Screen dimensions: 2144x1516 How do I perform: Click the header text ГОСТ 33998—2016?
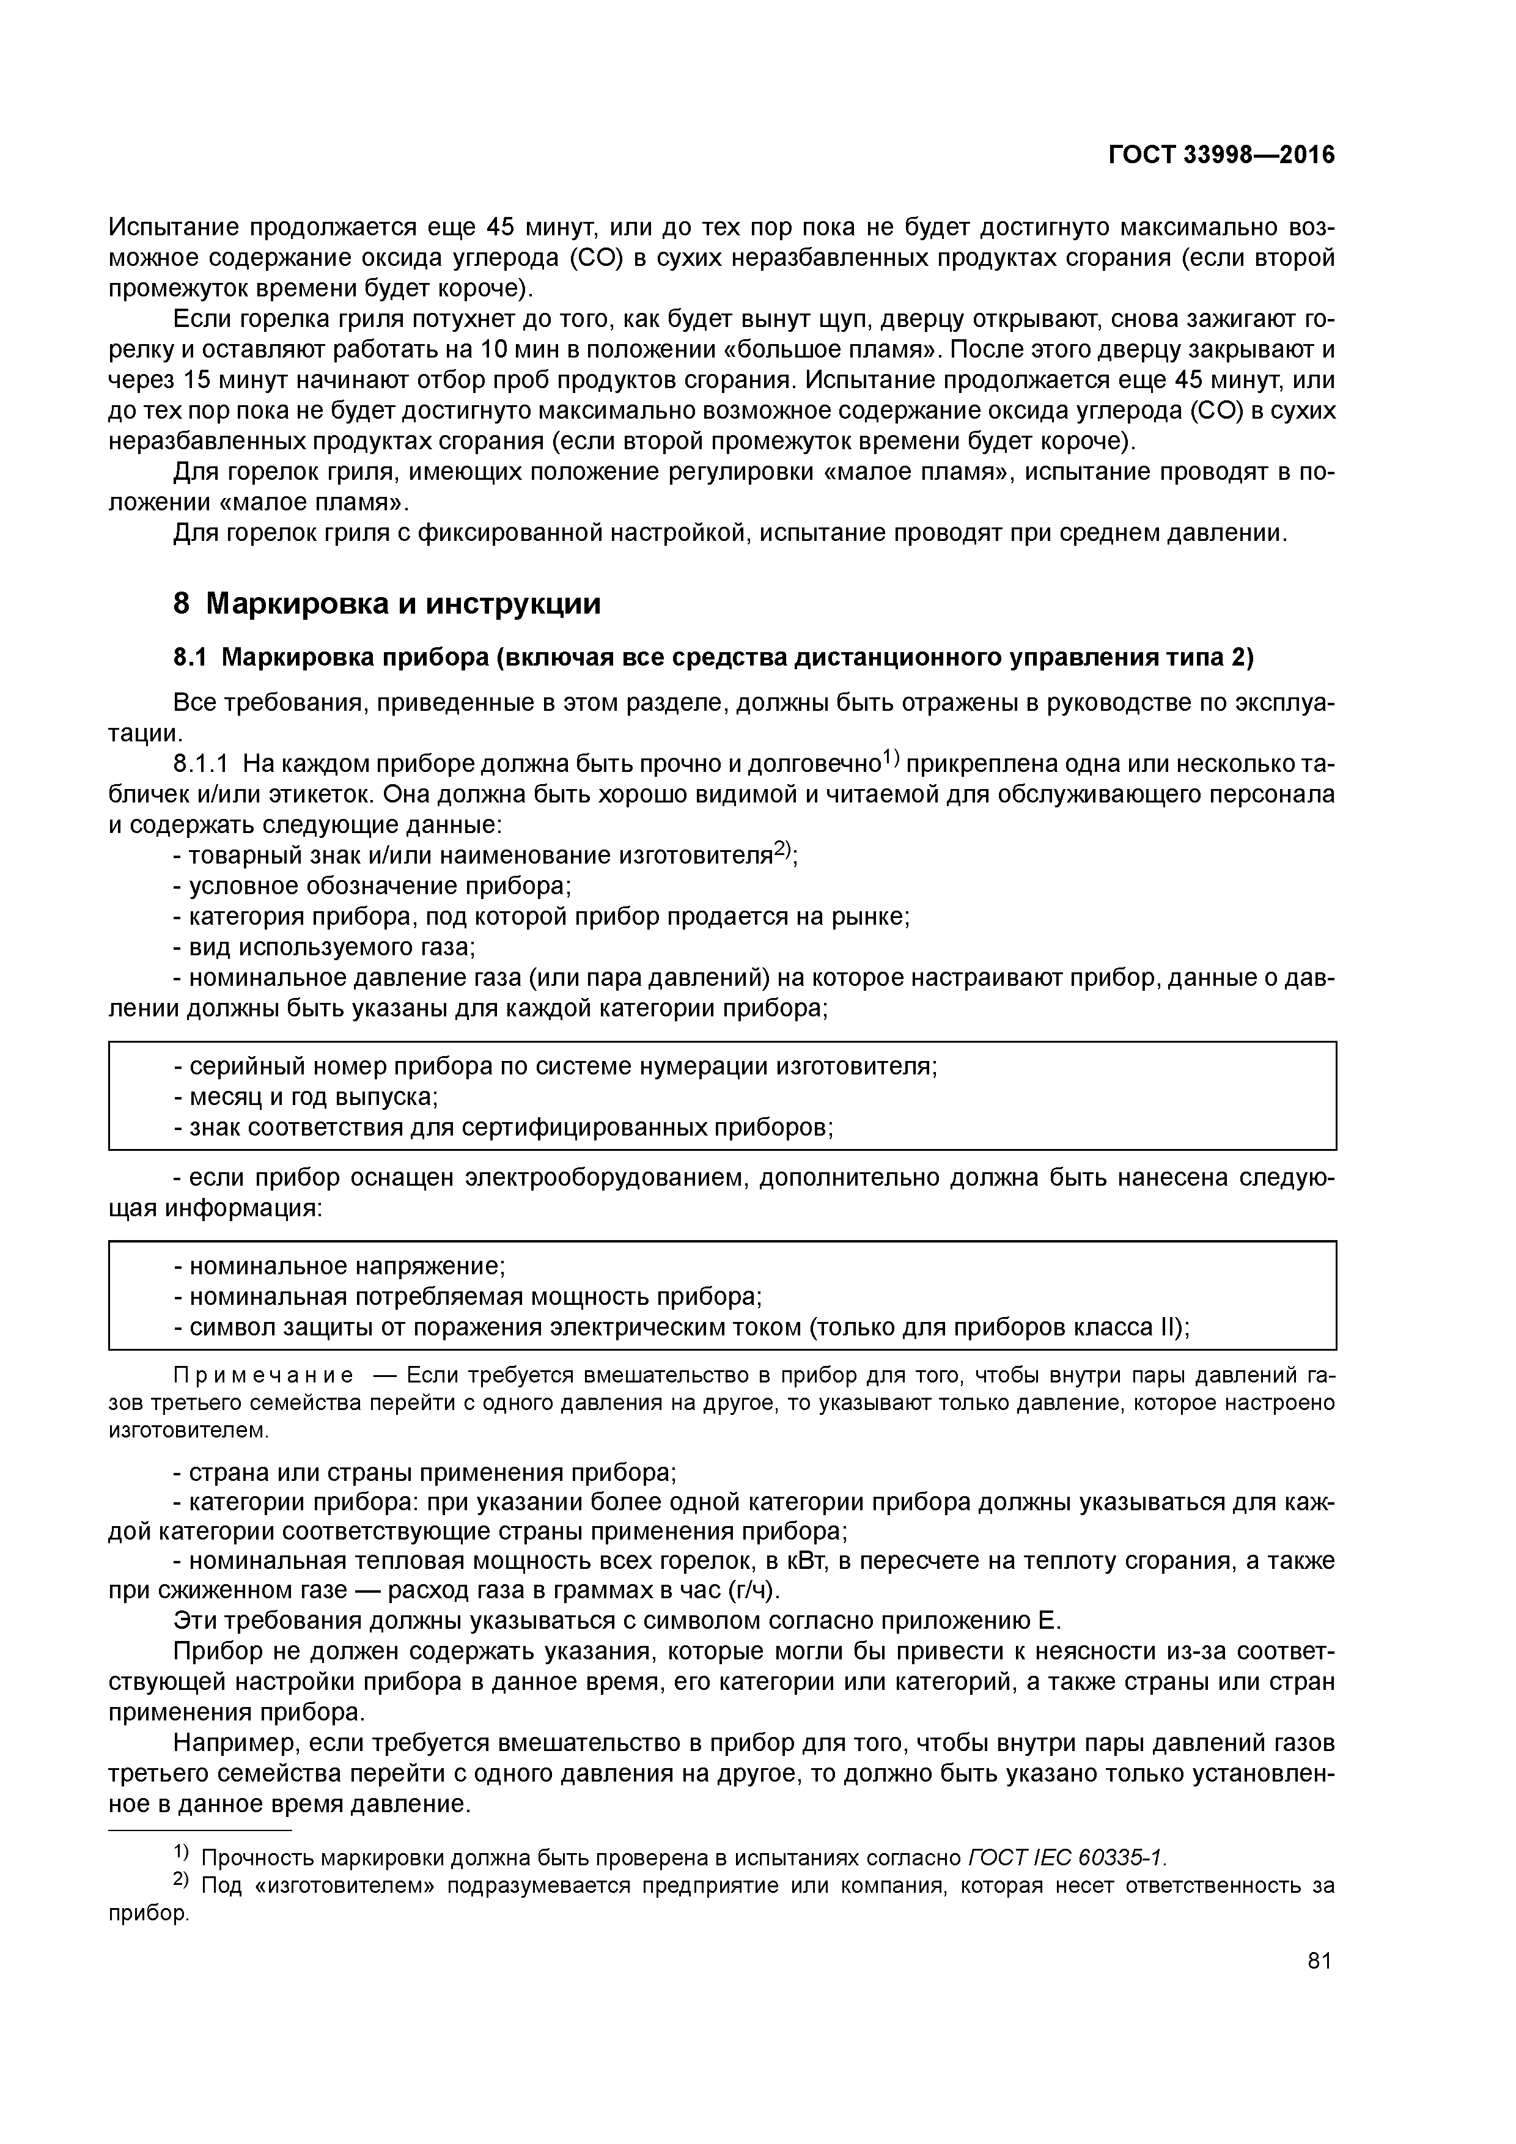click(x=1221, y=155)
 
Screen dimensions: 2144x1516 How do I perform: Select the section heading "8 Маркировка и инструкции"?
click(x=387, y=604)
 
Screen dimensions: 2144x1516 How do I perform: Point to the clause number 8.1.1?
click(x=201, y=764)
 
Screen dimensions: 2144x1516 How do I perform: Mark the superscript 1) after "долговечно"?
click(x=891, y=758)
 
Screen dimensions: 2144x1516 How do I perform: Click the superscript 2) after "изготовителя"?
click(x=782, y=850)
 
